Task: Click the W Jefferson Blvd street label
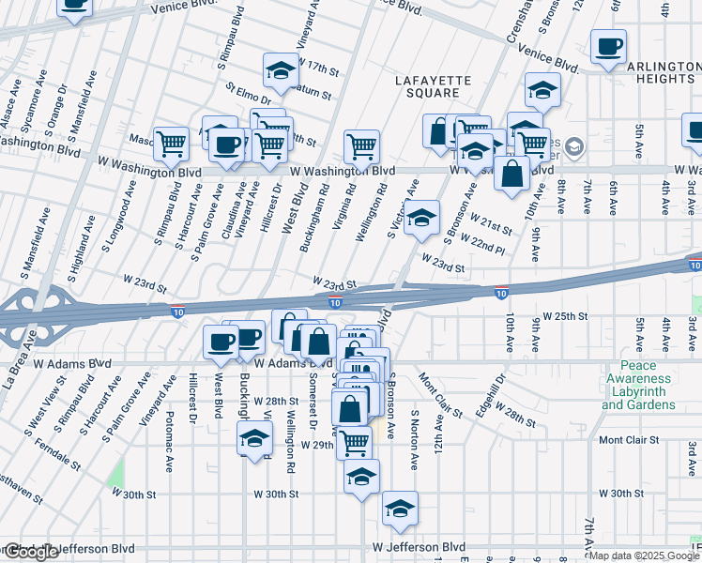(419, 546)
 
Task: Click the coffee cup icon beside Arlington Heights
(608, 48)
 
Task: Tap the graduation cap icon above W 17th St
(279, 69)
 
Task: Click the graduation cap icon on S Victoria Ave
(422, 219)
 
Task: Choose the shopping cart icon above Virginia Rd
(361, 146)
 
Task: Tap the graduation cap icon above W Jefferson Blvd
(400, 509)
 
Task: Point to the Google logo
(31, 553)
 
